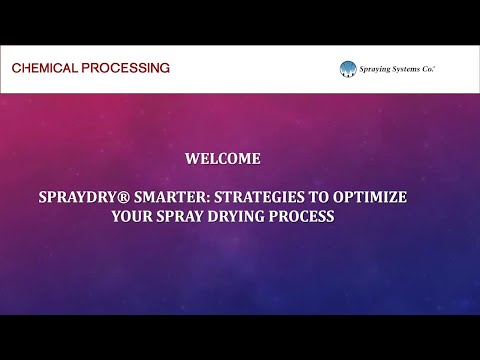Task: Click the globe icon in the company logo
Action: point(347,69)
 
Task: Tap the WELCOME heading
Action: point(223,158)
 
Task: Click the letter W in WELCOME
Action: point(192,158)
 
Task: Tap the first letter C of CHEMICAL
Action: point(16,68)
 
